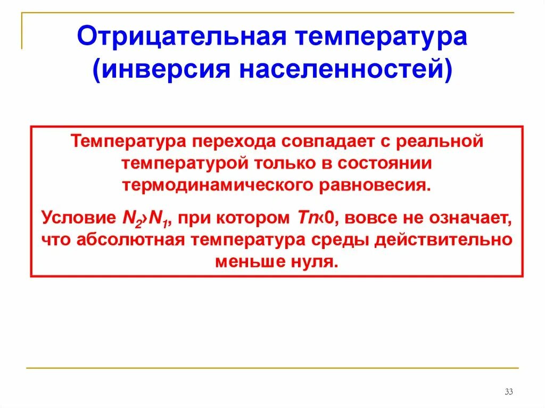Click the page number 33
coord(508,393)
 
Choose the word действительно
coord(443,240)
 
